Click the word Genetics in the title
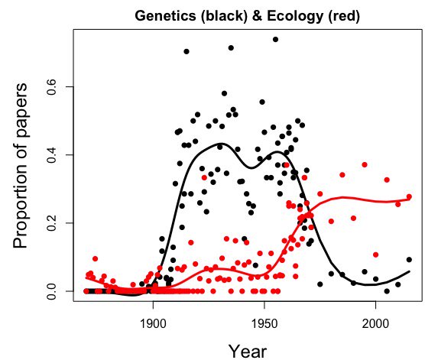(x=165, y=16)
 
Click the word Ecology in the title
(x=295, y=16)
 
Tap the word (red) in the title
(x=344, y=16)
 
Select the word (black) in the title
(x=224, y=16)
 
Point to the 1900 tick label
(x=153, y=323)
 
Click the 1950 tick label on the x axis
(x=264, y=323)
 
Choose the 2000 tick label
(x=375, y=323)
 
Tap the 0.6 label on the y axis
(x=51, y=86)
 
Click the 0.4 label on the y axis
(x=51, y=155)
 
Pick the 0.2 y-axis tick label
(x=51, y=223)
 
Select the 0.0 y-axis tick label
(x=51, y=291)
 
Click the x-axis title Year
(x=248, y=352)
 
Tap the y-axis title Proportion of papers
(x=21, y=165)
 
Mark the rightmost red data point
(x=409, y=196)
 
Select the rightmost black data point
(x=409, y=260)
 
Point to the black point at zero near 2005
(x=387, y=291)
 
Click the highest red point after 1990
(x=365, y=164)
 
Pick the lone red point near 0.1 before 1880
(x=95, y=258)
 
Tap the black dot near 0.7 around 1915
(x=187, y=51)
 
